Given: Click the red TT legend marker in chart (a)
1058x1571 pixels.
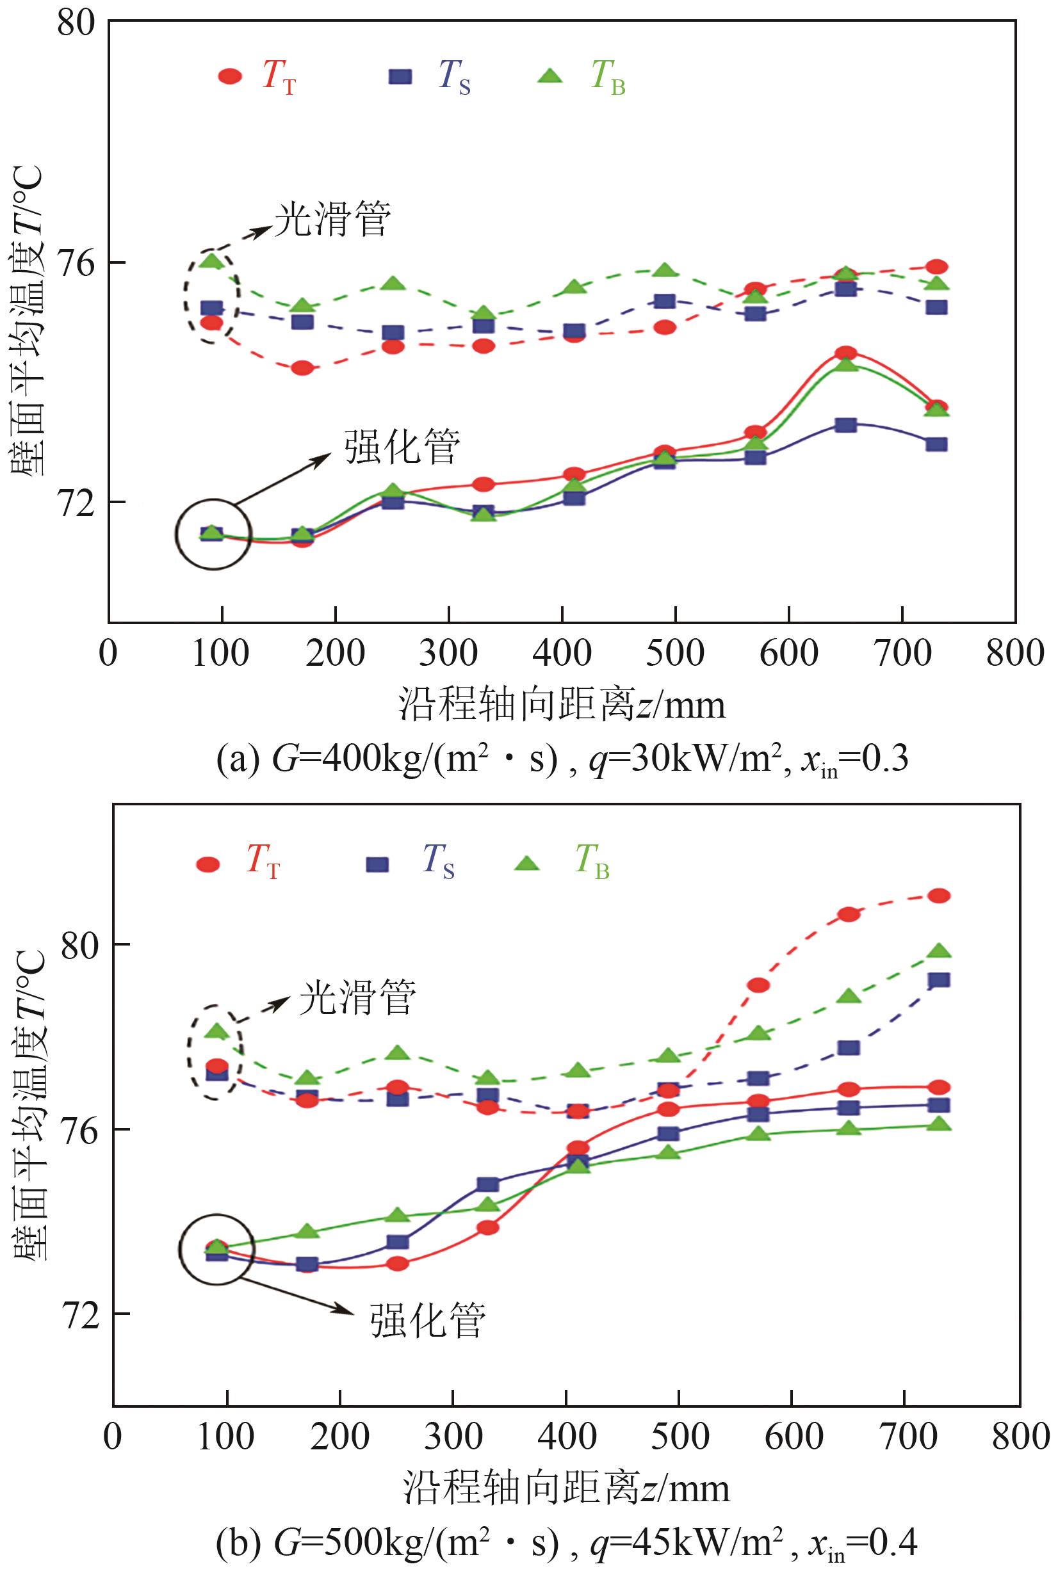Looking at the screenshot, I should coord(230,76).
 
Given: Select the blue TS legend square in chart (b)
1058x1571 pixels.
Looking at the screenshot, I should coord(377,865).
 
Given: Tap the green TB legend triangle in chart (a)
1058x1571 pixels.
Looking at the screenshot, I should coord(550,76).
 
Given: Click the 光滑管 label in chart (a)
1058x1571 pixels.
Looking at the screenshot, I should coord(332,219).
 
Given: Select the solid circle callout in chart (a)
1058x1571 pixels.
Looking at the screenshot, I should coord(214,535).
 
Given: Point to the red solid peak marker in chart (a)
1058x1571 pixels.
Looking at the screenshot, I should coord(845,353).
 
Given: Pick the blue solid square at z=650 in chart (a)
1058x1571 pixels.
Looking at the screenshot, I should coord(845,425).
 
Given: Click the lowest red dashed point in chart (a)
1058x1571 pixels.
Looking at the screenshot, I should coord(302,368).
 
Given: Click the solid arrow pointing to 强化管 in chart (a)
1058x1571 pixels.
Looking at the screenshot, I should coord(283,478).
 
